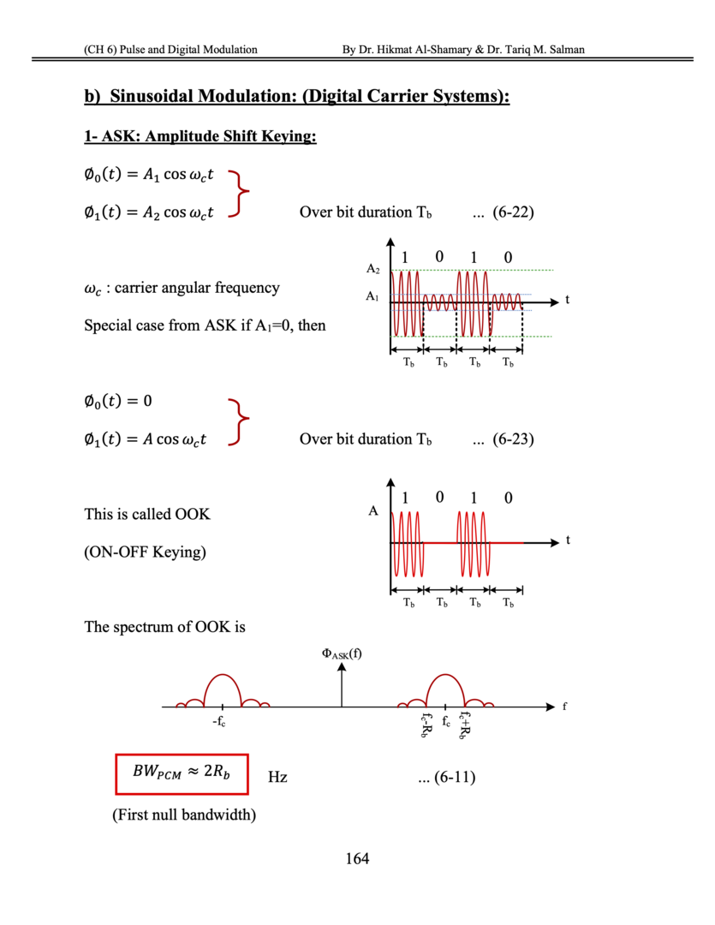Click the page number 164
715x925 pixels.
[357, 858]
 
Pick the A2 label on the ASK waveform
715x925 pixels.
[372, 269]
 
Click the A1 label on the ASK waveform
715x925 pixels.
[372, 297]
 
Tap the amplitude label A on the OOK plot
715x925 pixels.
[373, 512]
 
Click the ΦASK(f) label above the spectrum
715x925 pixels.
[342, 655]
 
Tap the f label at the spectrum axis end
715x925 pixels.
[563, 707]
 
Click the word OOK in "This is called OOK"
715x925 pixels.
[192, 515]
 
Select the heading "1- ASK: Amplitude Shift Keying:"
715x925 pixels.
[200, 137]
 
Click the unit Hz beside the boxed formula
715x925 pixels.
[277, 778]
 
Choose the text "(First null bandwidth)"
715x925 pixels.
[184, 815]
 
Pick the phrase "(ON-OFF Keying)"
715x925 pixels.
[145, 552]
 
